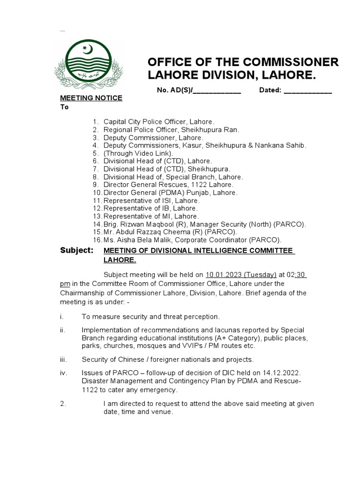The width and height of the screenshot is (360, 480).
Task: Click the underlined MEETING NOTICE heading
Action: coord(91,98)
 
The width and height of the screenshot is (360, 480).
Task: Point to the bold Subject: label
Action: coord(77,250)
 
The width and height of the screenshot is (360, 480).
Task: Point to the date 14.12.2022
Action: coord(279,373)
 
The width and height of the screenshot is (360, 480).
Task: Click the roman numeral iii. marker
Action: coord(63,360)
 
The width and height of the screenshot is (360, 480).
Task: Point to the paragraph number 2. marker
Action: coord(63,404)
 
